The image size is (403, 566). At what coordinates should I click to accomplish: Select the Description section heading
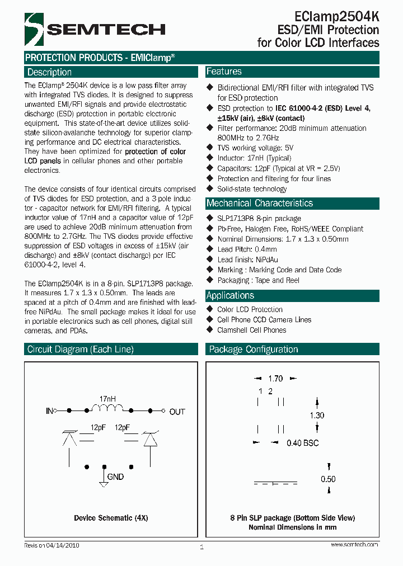click(x=50, y=72)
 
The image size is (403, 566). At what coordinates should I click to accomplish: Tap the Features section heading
click(x=224, y=72)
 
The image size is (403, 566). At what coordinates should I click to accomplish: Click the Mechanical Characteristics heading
click(x=259, y=203)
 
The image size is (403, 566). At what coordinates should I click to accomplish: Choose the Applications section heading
click(x=230, y=295)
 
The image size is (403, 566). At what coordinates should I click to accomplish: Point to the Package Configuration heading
click(x=253, y=350)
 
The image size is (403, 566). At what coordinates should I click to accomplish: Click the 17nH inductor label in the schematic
click(x=107, y=399)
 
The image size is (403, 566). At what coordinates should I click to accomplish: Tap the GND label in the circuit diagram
click(x=115, y=477)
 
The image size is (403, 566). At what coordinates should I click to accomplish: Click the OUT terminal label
click(x=177, y=412)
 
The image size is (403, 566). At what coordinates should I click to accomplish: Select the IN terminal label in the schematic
click(x=49, y=411)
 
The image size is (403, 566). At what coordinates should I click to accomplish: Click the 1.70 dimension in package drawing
click(x=275, y=378)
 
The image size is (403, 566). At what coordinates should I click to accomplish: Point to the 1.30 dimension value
click(x=317, y=416)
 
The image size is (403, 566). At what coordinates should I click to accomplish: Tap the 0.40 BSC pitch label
click(x=302, y=443)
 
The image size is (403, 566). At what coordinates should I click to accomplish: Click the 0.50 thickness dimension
click(x=328, y=479)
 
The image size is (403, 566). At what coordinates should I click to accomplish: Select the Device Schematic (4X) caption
click(x=111, y=518)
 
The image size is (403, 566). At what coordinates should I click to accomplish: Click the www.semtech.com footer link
click(x=354, y=544)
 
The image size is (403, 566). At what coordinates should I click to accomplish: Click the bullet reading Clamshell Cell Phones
click(x=251, y=330)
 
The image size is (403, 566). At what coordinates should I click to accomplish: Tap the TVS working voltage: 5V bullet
click(x=255, y=148)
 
